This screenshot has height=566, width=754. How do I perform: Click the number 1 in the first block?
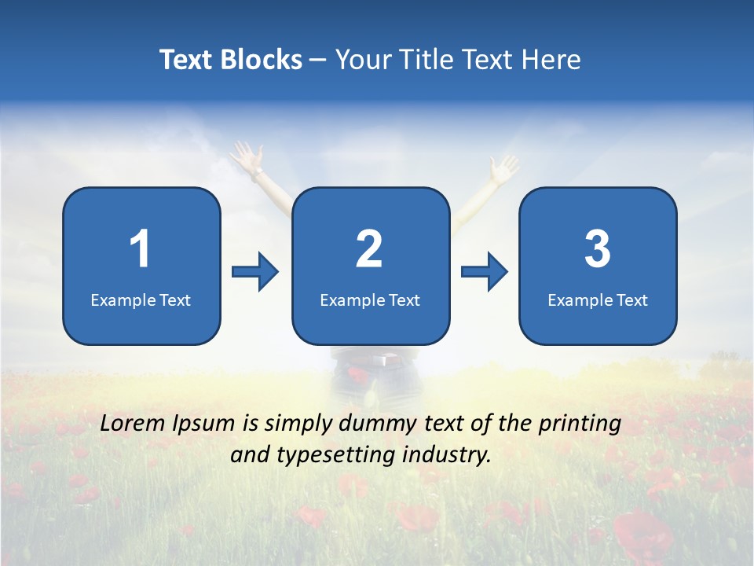(x=140, y=249)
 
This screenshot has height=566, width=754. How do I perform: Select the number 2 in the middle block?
(x=369, y=249)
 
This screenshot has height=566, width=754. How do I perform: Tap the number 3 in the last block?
(x=598, y=249)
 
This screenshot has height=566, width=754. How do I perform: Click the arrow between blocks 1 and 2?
(x=255, y=272)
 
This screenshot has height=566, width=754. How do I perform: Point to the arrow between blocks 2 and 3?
(x=484, y=272)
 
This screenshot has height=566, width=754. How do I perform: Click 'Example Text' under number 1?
(x=141, y=300)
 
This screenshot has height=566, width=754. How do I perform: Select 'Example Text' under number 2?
(x=370, y=300)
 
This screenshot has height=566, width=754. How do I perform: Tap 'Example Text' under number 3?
(x=598, y=300)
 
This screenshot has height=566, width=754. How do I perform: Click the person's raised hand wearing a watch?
(x=247, y=157)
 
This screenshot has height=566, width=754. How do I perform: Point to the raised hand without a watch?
(x=503, y=167)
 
